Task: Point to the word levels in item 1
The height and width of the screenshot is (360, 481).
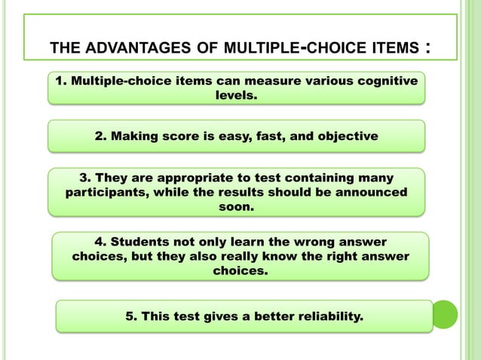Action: coord(237,96)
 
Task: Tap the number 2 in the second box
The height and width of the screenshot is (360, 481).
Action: coord(100,136)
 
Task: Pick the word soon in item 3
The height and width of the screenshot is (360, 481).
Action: coord(236,206)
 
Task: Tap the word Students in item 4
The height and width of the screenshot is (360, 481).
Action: coord(143,242)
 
